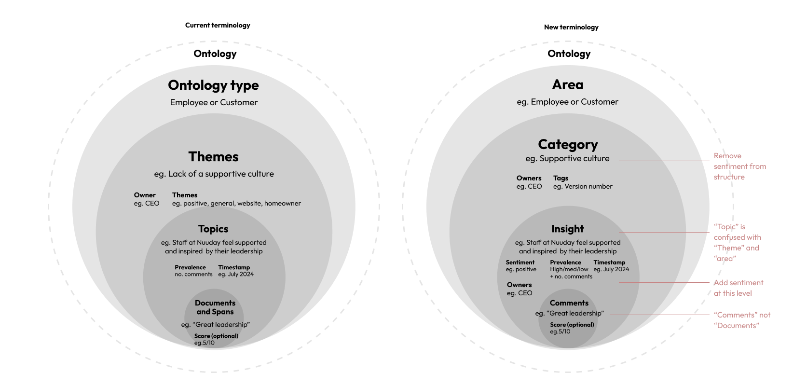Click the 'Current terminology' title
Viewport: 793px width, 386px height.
coord(218,25)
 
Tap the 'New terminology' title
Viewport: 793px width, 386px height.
coord(571,27)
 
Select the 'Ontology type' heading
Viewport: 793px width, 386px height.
coord(213,85)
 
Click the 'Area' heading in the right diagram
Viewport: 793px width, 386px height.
coord(568,85)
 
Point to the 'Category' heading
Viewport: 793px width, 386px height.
coord(568,144)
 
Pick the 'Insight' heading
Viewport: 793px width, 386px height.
coord(567,229)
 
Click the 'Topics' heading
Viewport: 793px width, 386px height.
coord(213,229)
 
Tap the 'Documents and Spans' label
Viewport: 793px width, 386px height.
coord(215,307)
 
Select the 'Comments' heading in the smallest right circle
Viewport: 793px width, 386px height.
coord(569,303)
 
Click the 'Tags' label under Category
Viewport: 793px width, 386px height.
coord(561,178)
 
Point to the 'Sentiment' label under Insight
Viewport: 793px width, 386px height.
coord(520,262)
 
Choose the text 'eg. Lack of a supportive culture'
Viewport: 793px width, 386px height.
coord(214,174)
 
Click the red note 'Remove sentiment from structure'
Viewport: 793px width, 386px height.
coord(739,166)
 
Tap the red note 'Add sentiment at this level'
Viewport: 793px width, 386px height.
coord(738,288)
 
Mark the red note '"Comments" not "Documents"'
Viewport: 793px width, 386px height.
coord(742,320)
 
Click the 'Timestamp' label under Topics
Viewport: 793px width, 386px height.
coord(234,267)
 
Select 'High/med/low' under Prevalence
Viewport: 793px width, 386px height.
coord(569,269)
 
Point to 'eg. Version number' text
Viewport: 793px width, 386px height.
coord(583,186)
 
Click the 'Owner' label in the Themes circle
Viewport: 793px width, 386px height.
coord(145,195)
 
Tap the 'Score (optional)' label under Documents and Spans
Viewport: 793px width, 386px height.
coord(216,336)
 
